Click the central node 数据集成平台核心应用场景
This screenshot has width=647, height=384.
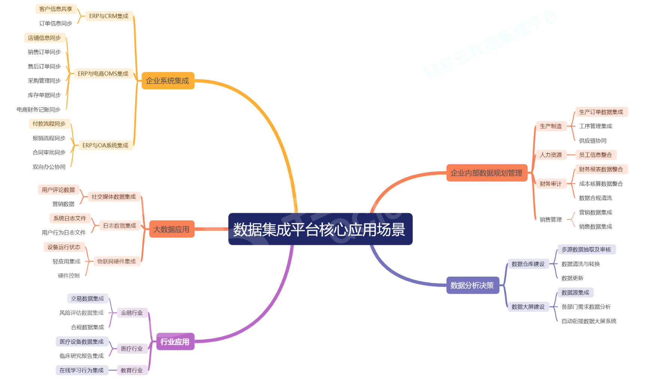(x=320, y=229)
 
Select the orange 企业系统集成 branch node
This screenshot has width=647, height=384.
(x=167, y=81)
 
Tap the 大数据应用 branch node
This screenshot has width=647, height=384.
(x=171, y=229)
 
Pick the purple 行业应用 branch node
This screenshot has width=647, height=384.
(x=175, y=342)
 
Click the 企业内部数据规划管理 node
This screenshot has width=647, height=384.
(x=486, y=173)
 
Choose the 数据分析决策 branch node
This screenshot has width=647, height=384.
(x=472, y=285)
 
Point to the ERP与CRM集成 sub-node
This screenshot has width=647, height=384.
(x=109, y=16)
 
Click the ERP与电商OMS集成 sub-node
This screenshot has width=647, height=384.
(x=103, y=73)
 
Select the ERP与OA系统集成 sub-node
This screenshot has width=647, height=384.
(x=105, y=145)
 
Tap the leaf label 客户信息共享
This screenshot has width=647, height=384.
(x=56, y=9)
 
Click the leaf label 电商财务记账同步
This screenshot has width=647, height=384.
(x=39, y=109)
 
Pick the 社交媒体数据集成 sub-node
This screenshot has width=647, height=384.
(x=114, y=196)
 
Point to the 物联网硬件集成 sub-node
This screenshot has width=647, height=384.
(x=117, y=261)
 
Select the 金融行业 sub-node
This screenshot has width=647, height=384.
(x=132, y=313)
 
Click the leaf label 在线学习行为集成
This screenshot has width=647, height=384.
(x=82, y=370)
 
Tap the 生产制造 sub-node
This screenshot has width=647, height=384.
(x=551, y=126)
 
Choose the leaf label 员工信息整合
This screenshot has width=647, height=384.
(x=595, y=155)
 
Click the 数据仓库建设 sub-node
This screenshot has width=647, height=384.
(x=528, y=264)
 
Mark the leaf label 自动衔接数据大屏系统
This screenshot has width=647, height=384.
(x=589, y=321)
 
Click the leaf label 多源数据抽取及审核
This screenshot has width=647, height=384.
(x=586, y=249)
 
